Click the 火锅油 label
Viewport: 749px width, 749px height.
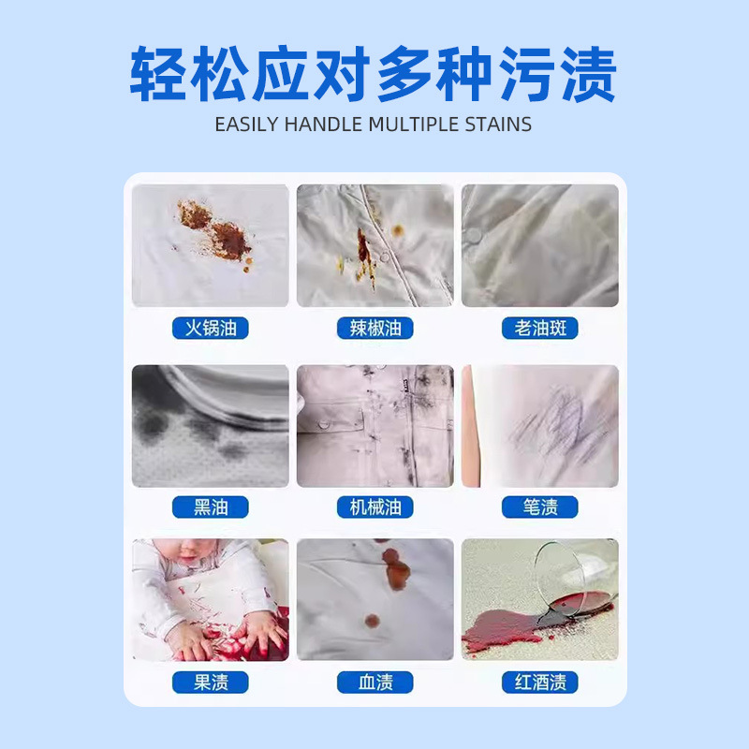[211, 329]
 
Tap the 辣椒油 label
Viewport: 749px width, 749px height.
[374, 329]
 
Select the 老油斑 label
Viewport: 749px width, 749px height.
[539, 329]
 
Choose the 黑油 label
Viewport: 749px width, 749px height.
[211, 507]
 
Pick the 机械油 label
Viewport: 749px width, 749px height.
[374, 507]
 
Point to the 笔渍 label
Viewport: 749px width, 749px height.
[539, 507]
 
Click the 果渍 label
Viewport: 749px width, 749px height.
[211, 682]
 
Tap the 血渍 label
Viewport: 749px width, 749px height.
[374, 682]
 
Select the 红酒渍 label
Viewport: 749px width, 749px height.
[539, 682]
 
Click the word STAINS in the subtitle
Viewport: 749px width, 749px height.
[497, 124]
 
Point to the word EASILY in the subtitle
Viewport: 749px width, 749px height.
[246, 124]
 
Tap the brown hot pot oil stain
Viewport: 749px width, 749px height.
[225, 234]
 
